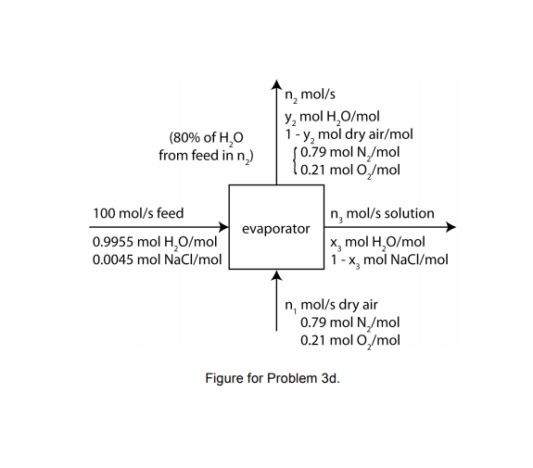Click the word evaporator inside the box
click(275, 228)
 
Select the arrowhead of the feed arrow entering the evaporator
click(223, 227)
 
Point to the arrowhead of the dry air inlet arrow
click(276, 274)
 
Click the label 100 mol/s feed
click(138, 213)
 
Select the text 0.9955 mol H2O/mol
click(155, 243)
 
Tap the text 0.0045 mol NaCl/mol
click(157, 259)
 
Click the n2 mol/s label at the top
click(310, 97)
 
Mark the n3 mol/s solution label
click(381, 213)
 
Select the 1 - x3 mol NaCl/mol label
click(388, 259)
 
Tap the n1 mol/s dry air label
click(331, 304)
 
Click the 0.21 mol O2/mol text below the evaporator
click(349, 340)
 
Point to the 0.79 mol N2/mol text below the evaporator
click(349, 323)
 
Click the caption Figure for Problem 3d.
click(266, 378)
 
